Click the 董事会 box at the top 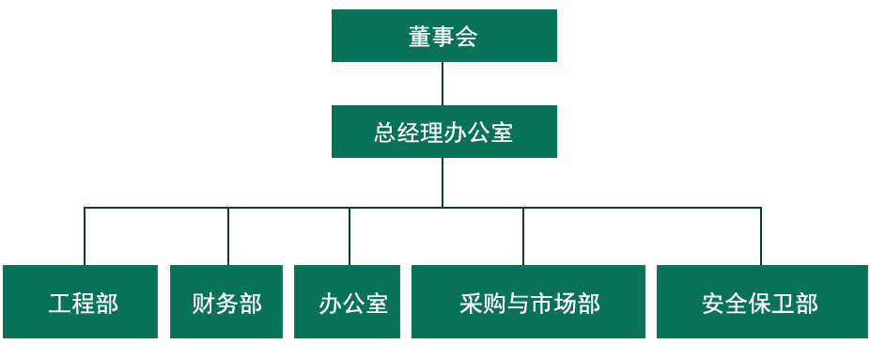[x=443, y=36]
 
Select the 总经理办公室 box [x=443, y=132]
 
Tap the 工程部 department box [x=81, y=302]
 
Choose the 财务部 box [x=226, y=302]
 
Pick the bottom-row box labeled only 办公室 [x=347, y=302]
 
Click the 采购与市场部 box [x=528, y=302]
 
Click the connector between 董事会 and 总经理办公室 [x=443, y=84]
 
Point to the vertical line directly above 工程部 [x=85, y=236]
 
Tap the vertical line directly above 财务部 [x=228, y=236]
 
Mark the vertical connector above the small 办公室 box [x=350, y=236]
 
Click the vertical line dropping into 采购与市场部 [x=523, y=236]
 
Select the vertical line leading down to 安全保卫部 [x=761, y=236]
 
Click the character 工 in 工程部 [x=60, y=304]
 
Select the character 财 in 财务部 [x=204, y=304]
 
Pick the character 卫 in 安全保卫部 [x=784, y=304]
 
